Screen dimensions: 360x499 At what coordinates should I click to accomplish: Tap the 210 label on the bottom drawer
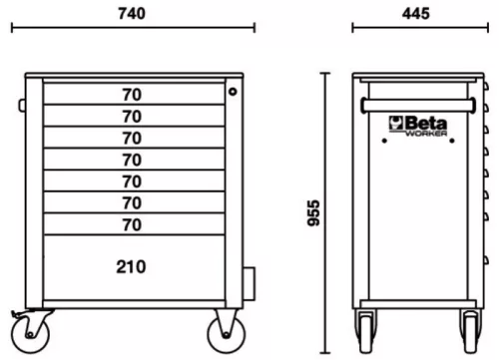pos(131,266)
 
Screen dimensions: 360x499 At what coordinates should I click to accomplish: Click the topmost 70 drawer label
pos(131,95)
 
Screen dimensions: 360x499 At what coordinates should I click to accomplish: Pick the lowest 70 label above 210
pos(131,224)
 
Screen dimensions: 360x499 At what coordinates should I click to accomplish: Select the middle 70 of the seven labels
pos(131,160)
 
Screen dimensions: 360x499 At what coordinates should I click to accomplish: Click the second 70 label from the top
pos(131,117)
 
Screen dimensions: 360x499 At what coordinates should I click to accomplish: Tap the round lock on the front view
pos(234,92)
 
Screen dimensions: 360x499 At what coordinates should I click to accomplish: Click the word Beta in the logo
pos(426,122)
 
